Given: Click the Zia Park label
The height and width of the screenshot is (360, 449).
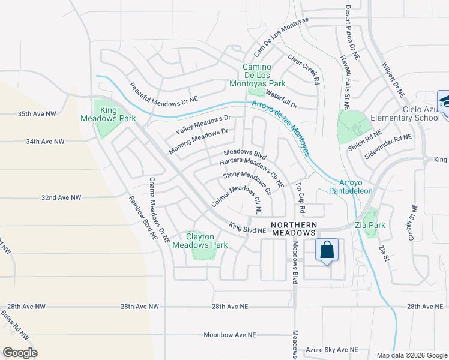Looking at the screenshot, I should [369, 226].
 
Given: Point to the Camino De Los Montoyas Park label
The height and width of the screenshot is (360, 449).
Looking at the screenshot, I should [258, 75].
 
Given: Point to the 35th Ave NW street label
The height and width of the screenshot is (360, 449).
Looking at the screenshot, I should [37, 113].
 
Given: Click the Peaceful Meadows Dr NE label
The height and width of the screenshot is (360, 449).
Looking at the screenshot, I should [163, 92].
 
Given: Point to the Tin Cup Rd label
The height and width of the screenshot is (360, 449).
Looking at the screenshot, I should [300, 199].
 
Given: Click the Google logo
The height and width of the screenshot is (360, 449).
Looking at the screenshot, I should [20, 352].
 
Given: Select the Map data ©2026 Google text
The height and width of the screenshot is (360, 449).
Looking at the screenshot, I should [411, 355].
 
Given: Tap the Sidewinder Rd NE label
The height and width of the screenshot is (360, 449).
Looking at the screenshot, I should [388, 146].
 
